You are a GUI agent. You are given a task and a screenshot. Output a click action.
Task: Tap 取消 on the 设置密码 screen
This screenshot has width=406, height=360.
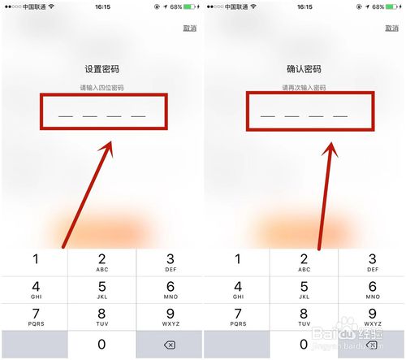click(188, 28)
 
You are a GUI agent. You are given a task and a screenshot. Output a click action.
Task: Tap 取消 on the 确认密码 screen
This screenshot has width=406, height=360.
click(391, 28)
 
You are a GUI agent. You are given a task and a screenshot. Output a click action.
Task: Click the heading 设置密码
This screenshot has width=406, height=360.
click(102, 69)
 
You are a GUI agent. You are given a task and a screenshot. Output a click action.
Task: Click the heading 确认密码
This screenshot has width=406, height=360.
click(304, 69)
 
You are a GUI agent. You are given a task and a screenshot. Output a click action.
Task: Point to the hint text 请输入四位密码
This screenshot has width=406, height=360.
click(102, 87)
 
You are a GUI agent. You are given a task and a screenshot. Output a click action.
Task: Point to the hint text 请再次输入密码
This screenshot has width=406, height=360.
click(304, 87)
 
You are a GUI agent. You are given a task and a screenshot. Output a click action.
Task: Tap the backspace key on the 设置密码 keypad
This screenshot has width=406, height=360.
click(169, 345)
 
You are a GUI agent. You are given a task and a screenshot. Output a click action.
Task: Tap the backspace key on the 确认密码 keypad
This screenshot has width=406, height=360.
click(372, 345)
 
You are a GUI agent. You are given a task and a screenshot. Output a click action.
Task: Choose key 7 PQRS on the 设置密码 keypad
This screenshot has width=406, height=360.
click(34, 318)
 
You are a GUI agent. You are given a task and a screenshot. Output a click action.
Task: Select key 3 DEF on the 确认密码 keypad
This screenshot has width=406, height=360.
click(372, 262)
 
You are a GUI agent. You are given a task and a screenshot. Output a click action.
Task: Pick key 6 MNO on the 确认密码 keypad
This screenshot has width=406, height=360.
click(372, 289)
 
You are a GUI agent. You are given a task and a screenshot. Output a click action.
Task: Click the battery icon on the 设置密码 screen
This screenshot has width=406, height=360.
click(191, 7)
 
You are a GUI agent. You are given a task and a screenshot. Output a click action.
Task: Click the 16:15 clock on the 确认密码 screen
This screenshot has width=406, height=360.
click(304, 7)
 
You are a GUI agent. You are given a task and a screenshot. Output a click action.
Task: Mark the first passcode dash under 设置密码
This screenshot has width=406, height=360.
click(66, 116)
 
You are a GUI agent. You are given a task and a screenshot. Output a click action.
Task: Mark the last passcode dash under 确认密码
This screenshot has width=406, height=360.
click(340, 116)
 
